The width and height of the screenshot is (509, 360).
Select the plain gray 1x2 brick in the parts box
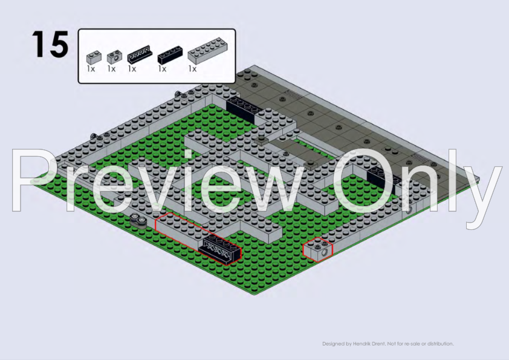coord(94,57)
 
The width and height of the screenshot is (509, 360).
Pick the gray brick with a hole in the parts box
coord(115,56)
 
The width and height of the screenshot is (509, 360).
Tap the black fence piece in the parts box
coord(140,54)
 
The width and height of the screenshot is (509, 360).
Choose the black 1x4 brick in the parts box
coord(170,55)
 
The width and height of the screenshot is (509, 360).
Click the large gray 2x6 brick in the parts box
coord(208,50)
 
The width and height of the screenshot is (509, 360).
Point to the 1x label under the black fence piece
coord(132,69)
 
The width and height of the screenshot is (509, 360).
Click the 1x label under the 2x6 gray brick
coord(192,69)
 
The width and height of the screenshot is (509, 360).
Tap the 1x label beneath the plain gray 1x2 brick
coord(91,69)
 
